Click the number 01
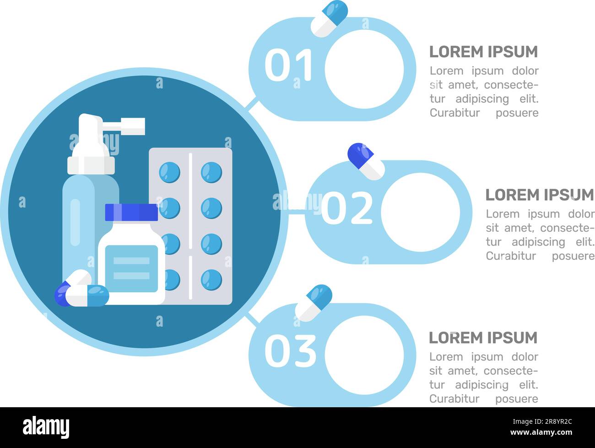tap(288, 66)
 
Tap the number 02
tap(347, 208)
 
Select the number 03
tap(290, 351)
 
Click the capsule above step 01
tap(329, 18)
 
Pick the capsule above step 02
tap(366, 161)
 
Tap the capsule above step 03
tap(314, 302)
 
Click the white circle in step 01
tap(364, 69)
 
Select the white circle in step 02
tap(420, 212)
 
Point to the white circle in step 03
tap(364, 355)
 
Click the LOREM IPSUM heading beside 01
tap(483, 52)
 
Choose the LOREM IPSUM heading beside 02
tap(539, 195)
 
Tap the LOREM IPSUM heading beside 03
tap(483, 338)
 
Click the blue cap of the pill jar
tap(131, 212)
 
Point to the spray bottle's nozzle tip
tap(137, 126)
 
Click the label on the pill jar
tap(131, 268)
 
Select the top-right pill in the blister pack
tap(211, 173)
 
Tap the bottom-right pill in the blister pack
tap(211, 280)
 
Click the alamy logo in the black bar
tap(46, 427)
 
